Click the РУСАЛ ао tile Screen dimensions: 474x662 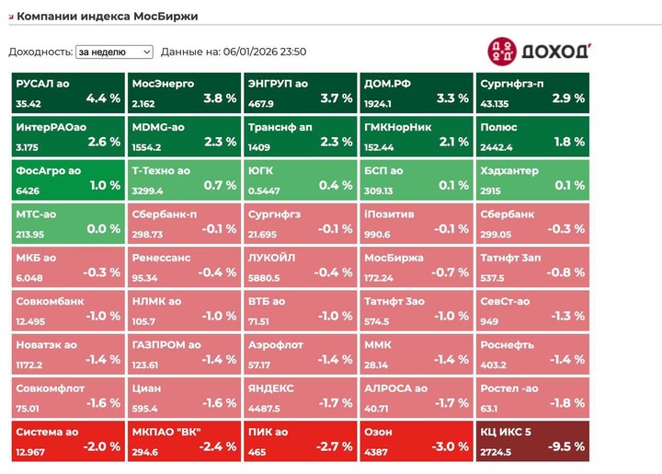tap(68, 91)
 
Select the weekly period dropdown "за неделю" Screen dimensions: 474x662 tap(114, 52)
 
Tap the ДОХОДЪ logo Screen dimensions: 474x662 tap(538, 51)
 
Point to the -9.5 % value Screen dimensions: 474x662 tap(565, 447)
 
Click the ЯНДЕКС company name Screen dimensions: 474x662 tap(271, 388)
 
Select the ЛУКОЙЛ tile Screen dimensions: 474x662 tap(300, 266)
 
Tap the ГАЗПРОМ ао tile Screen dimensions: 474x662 tap(184, 353)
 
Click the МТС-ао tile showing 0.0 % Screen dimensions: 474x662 tap(68, 222)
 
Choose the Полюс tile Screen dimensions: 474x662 tap(531, 134)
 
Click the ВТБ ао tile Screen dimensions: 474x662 tap(300, 309)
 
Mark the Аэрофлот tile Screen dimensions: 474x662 tap(300, 353)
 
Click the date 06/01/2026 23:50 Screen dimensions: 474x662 tap(265, 52)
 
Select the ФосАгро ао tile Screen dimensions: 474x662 tap(68, 179)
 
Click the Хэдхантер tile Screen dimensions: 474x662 tap(531, 179)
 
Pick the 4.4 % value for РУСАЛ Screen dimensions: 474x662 tap(103, 98)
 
